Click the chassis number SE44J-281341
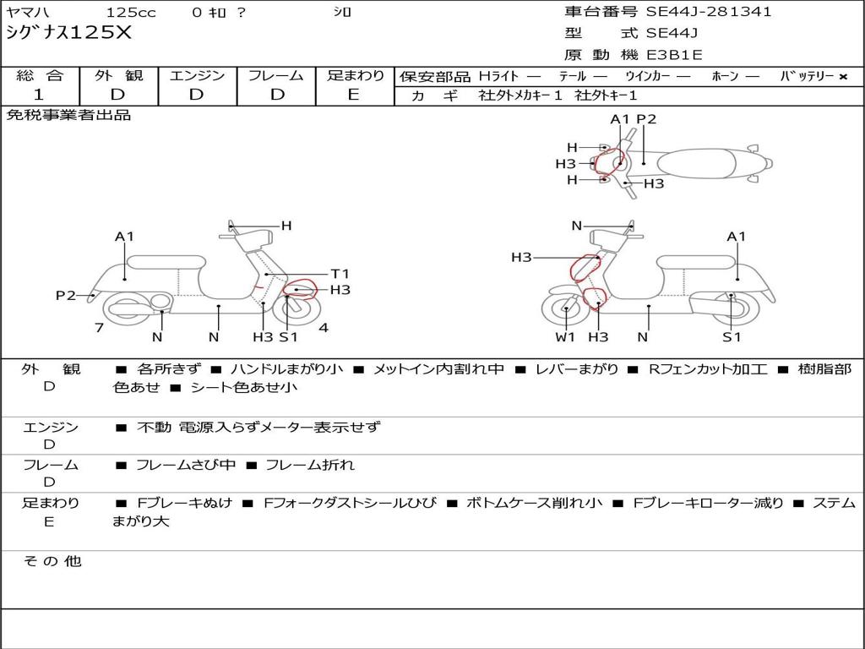point(709,12)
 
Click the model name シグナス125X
point(69,33)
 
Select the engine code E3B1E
point(674,55)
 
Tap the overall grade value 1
point(39,95)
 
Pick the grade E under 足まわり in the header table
point(354,95)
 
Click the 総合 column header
point(40,75)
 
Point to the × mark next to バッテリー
point(843,77)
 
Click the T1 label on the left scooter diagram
point(340,274)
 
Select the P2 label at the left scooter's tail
point(66,295)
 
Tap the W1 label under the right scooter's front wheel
point(565,336)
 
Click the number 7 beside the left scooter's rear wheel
point(100,328)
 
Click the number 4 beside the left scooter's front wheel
point(324,328)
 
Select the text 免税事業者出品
point(68,115)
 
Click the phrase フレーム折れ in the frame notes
point(310,466)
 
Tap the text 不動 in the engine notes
point(154,427)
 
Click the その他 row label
point(52,561)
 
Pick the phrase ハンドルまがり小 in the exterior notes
point(287,369)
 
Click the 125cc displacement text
point(131,12)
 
